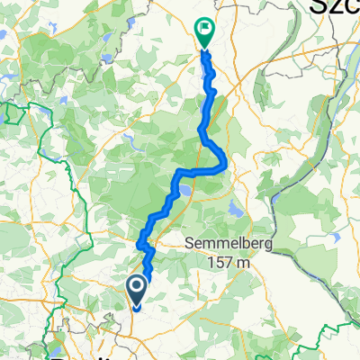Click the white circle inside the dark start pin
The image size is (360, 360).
point(137,287)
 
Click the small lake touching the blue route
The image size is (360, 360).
point(185,191)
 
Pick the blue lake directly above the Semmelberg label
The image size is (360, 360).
point(236,211)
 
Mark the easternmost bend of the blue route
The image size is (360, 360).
point(222,164)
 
